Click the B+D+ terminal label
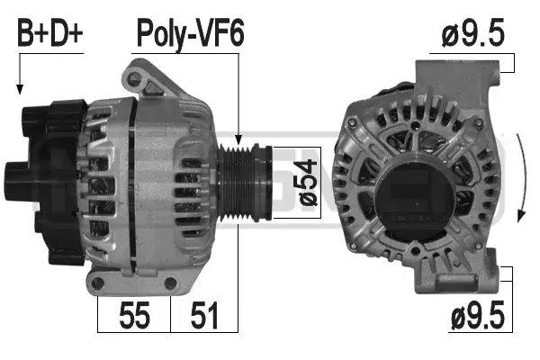click(50, 33)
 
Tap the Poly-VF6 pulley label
click(191, 34)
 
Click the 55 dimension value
click(134, 315)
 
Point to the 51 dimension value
click(204, 315)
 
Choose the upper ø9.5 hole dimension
click(472, 33)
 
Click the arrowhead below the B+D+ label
click(20, 90)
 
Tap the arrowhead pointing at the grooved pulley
click(238, 139)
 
